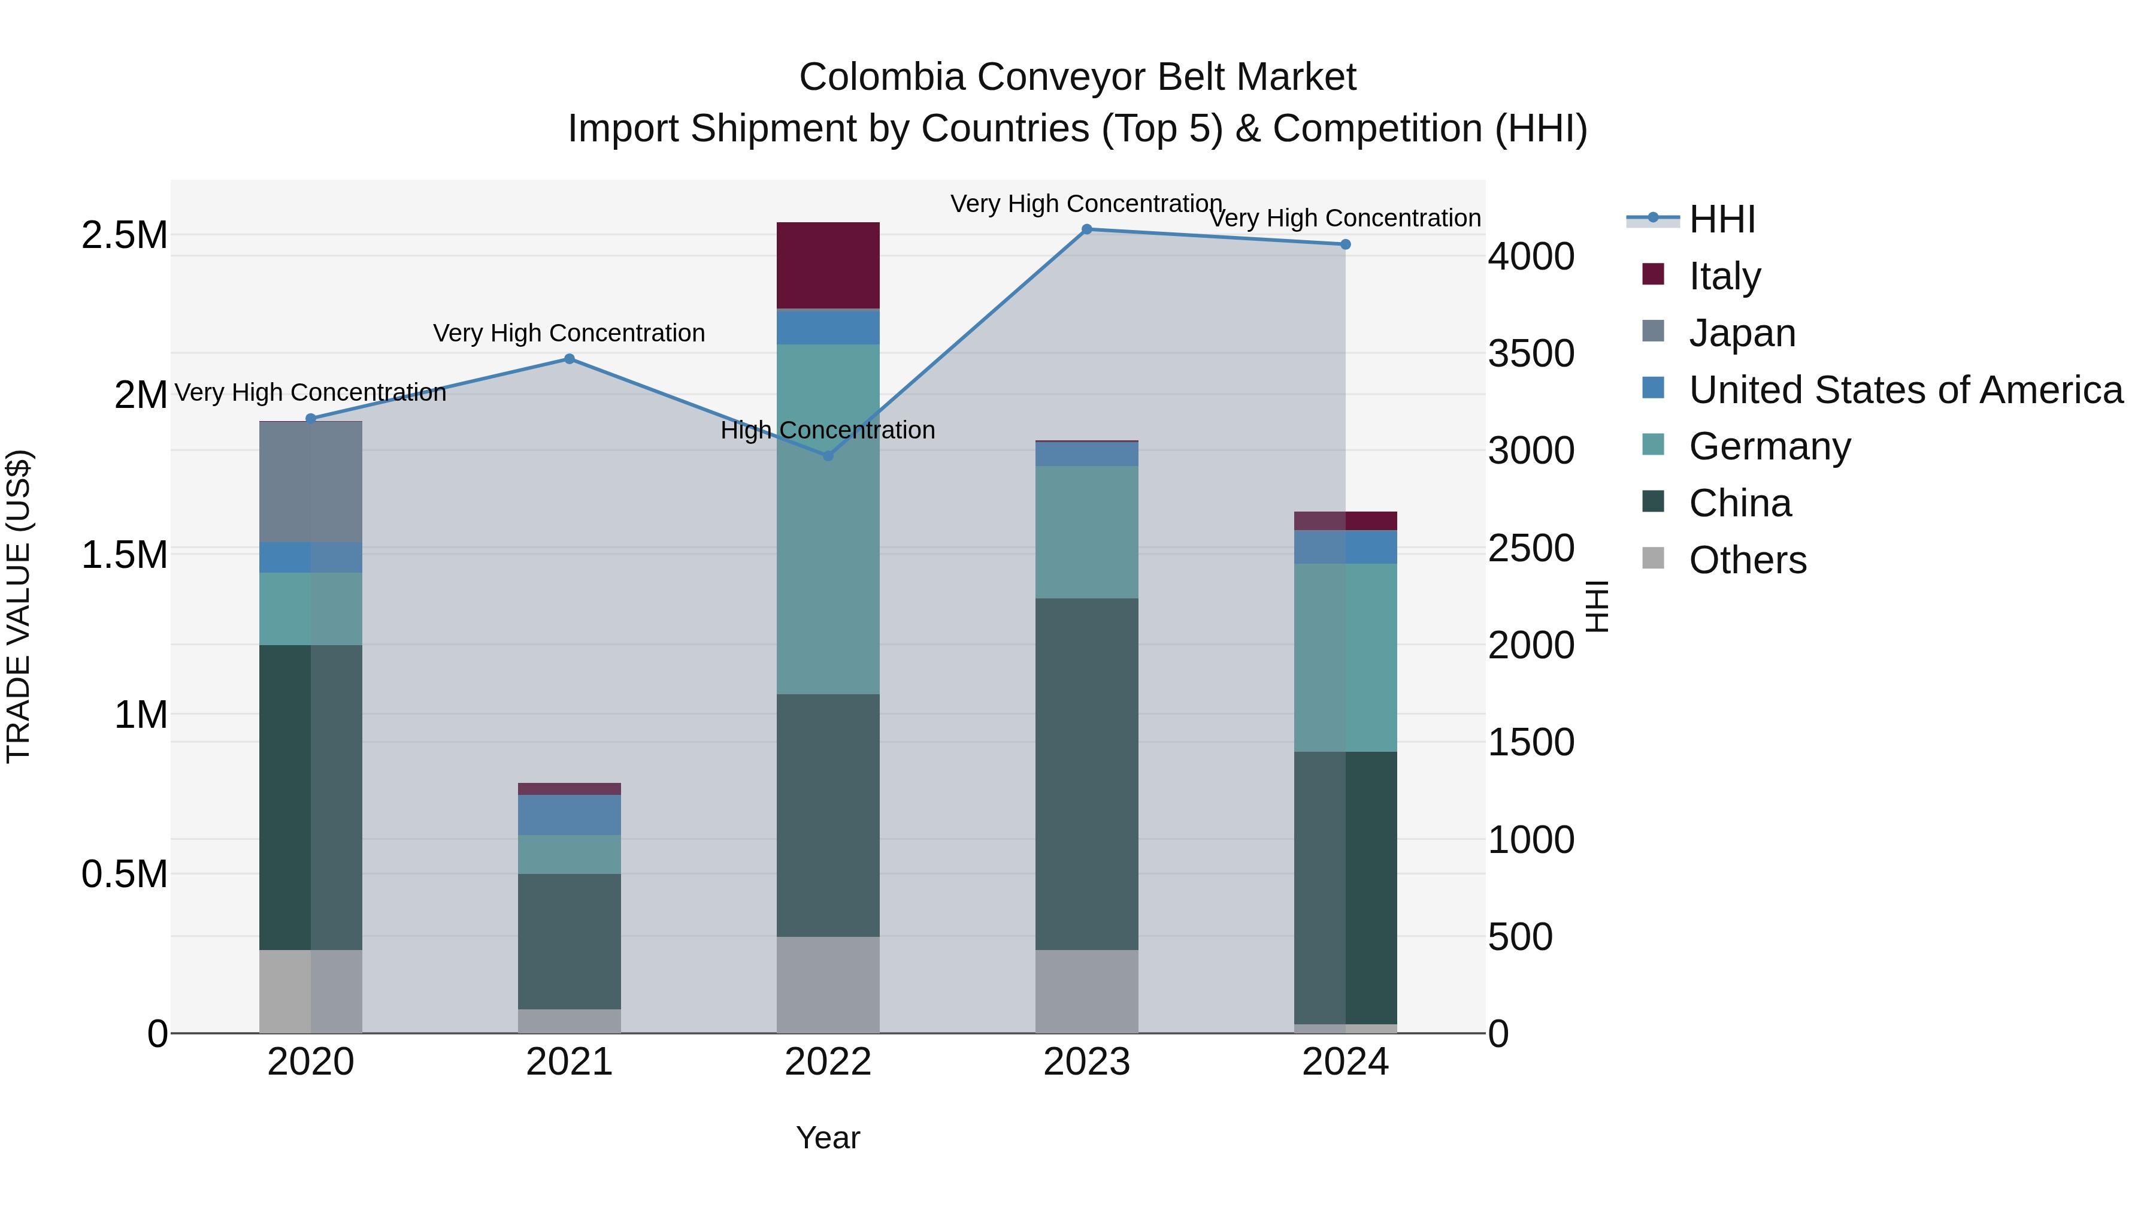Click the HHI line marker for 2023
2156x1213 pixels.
[1086, 229]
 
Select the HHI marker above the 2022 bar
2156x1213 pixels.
[828, 455]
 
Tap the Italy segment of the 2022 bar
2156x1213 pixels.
[828, 265]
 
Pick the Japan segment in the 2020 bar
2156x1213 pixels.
[310, 482]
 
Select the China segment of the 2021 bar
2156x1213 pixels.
[569, 941]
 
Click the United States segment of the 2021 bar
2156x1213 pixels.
[569, 815]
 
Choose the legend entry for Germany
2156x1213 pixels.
[1769, 446]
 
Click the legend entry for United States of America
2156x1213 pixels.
[1905, 390]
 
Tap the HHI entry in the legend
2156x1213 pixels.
[1721, 219]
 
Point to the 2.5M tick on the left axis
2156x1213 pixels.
[125, 235]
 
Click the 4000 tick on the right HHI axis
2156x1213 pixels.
[1531, 256]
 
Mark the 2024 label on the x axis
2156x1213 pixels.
[1345, 1062]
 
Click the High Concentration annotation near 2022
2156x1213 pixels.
[828, 430]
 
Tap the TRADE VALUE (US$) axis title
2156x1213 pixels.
[19, 606]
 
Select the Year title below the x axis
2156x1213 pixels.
[828, 1138]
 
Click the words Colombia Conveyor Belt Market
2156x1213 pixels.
[1077, 77]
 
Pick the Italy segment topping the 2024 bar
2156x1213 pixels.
[1345, 521]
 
